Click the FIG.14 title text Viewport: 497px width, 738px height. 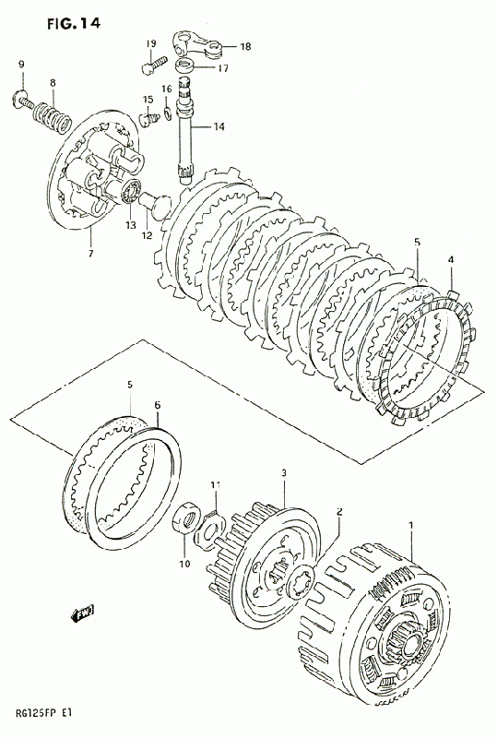click(x=74, y=24)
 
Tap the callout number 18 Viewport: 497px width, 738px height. click(x=245, y=46)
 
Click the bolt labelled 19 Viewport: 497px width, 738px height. click(x=154, y=64)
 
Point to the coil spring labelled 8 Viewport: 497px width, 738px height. click(x=53, y=114)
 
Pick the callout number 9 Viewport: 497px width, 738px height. click(x=21, y=65)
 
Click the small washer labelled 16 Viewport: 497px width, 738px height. click(x=168, y=113)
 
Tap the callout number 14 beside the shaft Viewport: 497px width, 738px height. click(x=219, y=126)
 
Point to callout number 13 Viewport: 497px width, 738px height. click(x=130, y=225)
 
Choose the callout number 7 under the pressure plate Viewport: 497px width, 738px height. click(x=90, y=253)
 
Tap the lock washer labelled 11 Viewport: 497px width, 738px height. click(x=211, y=525)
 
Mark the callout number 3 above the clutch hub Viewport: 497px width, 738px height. click(x=284, y=472)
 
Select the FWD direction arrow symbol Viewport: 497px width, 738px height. click(x=82, y=613)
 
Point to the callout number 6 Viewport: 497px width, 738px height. click(x=157, y=405)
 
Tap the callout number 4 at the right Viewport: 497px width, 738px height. click(x=450, y=259)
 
